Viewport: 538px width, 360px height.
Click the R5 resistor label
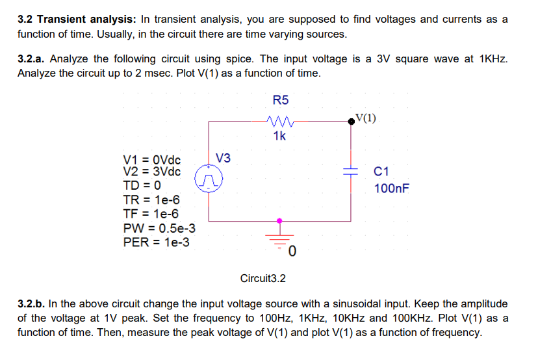[281, 101]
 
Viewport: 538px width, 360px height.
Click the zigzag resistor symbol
[281, 120]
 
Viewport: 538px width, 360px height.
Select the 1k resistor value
[279, 136]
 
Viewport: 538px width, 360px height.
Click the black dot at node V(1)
[353, 120]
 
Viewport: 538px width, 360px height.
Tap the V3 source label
[224, 158]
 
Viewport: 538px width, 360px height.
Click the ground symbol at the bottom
[281, 237]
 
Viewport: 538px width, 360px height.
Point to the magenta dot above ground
[281, 220]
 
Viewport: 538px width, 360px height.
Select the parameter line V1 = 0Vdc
[152, 160]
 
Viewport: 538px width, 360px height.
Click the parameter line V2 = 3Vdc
[152, 172]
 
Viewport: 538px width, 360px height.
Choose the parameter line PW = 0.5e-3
[159, 229]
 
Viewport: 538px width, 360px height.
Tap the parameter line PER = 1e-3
[157, 242]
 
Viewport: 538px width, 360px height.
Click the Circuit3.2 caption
[263, 279]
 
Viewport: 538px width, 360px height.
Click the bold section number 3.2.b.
[31, 303]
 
